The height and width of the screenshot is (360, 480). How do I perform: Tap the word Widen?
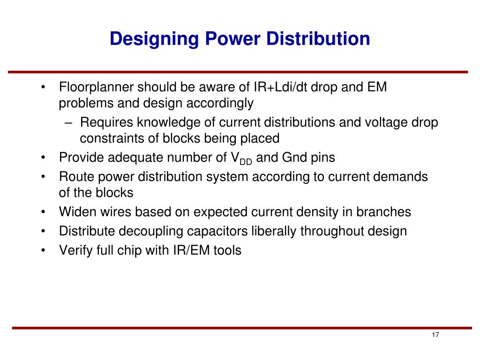click(77, 212)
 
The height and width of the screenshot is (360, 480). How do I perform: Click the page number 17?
click(435, 335)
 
